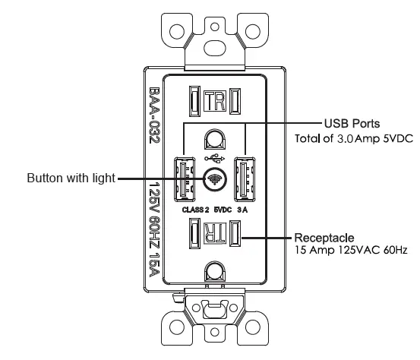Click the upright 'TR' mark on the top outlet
pos(215,102)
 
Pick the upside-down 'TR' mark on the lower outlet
pos(215,233)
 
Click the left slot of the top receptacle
pos(194,102)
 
